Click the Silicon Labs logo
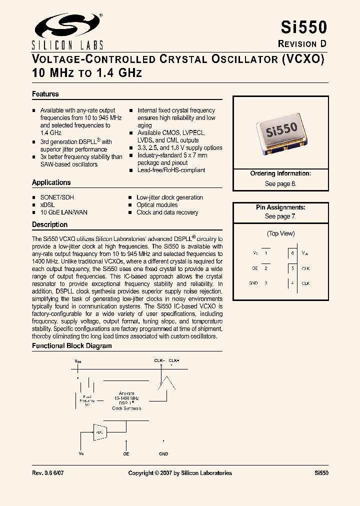[x=67, y=29]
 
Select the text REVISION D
[x=302, y=43]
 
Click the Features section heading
[x=45, y=94]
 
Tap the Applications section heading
[x=51, y=182]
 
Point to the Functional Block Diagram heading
[x=72, y=346]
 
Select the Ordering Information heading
[x=280, y=173]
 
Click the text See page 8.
[x=280, y=183]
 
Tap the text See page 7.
[x=280, y=216]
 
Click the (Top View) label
[x=280, y=233]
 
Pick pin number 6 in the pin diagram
[x=293, y=253]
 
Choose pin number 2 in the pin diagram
[x=266, y=268]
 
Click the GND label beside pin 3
[x=253, y=283]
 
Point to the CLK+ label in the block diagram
[x=173, y=360]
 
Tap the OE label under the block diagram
[x=126, y=454]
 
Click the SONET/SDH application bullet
[x=57, y=197]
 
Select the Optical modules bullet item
[x=157, y=205]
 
